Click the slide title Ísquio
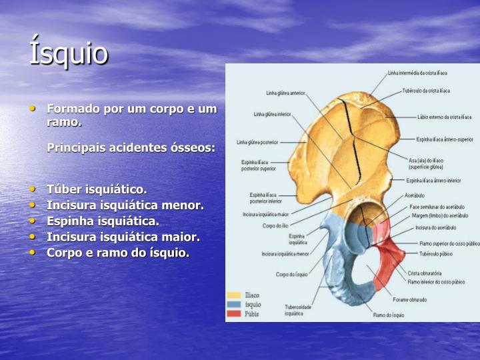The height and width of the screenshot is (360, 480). pos(68,53)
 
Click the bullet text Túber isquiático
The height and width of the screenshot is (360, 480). pos(97,189)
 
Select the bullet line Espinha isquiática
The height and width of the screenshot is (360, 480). pos(103,221)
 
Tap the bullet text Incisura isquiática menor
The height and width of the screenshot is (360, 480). pos(125,205)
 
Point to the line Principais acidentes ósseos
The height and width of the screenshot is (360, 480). pos(131,147)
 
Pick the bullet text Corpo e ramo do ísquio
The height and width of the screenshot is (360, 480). pos(118,252)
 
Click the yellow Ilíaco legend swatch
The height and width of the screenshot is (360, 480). pos(233,295)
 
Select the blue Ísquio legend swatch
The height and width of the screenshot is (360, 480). pos(233,304)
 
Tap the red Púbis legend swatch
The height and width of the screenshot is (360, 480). pos(233,313)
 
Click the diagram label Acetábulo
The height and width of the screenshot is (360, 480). pos(415,196)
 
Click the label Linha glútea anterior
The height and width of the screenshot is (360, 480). pos(285,93)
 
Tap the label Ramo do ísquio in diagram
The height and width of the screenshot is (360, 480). pos(389,314)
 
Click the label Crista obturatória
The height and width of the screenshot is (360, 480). pos(426,273)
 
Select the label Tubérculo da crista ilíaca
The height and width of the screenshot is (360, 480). pos(426,91)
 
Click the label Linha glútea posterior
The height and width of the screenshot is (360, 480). pos(257,142)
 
